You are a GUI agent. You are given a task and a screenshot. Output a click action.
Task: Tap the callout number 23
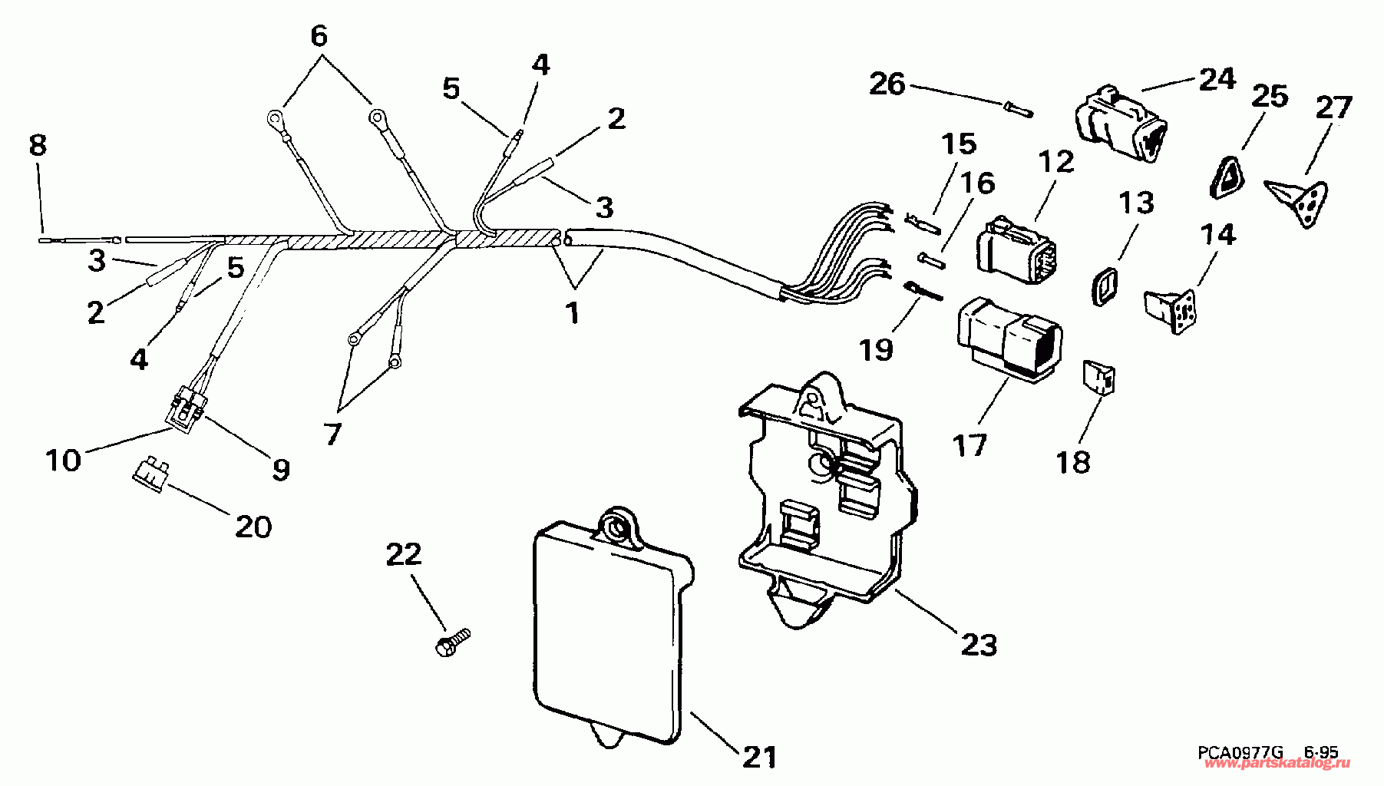(979, 644)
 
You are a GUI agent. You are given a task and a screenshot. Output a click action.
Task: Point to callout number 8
(38, 145)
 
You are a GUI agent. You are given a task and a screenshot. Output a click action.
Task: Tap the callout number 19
(877, 349)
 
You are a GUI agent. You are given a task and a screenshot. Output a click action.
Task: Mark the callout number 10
(63, 461)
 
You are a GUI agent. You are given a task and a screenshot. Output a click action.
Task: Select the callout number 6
(319, 35)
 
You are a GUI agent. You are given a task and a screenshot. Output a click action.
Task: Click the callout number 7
(332, 434)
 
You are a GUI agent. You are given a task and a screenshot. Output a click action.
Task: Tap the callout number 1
(573, 312)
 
